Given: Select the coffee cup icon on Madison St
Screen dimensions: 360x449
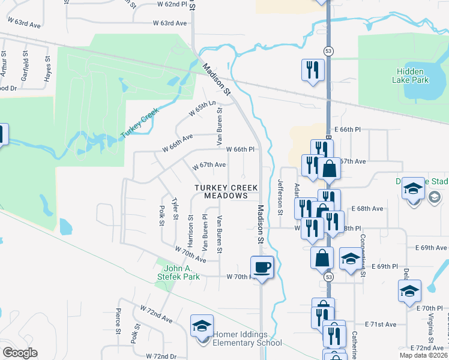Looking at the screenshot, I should coord(262,266).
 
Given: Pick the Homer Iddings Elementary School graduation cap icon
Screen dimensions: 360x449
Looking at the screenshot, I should coord(202,326).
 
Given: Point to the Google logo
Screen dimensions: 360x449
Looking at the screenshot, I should coord(20,353).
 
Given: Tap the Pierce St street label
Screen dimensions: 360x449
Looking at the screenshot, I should coord(118,320).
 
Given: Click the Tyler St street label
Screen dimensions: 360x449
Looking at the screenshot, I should coord(175,209).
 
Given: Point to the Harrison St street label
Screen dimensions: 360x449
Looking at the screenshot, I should coord(190,232).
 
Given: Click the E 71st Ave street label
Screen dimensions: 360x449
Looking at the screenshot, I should coord(381,324).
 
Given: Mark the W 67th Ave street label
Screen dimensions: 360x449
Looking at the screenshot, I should coord(208,165).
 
